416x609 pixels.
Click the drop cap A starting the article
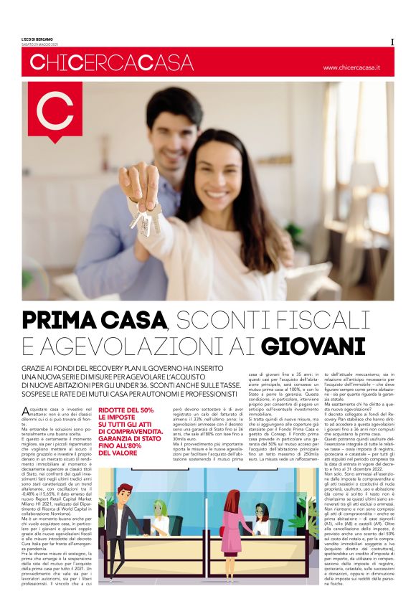[x=27, y=410]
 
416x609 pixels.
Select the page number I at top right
[x=392, y=42]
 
